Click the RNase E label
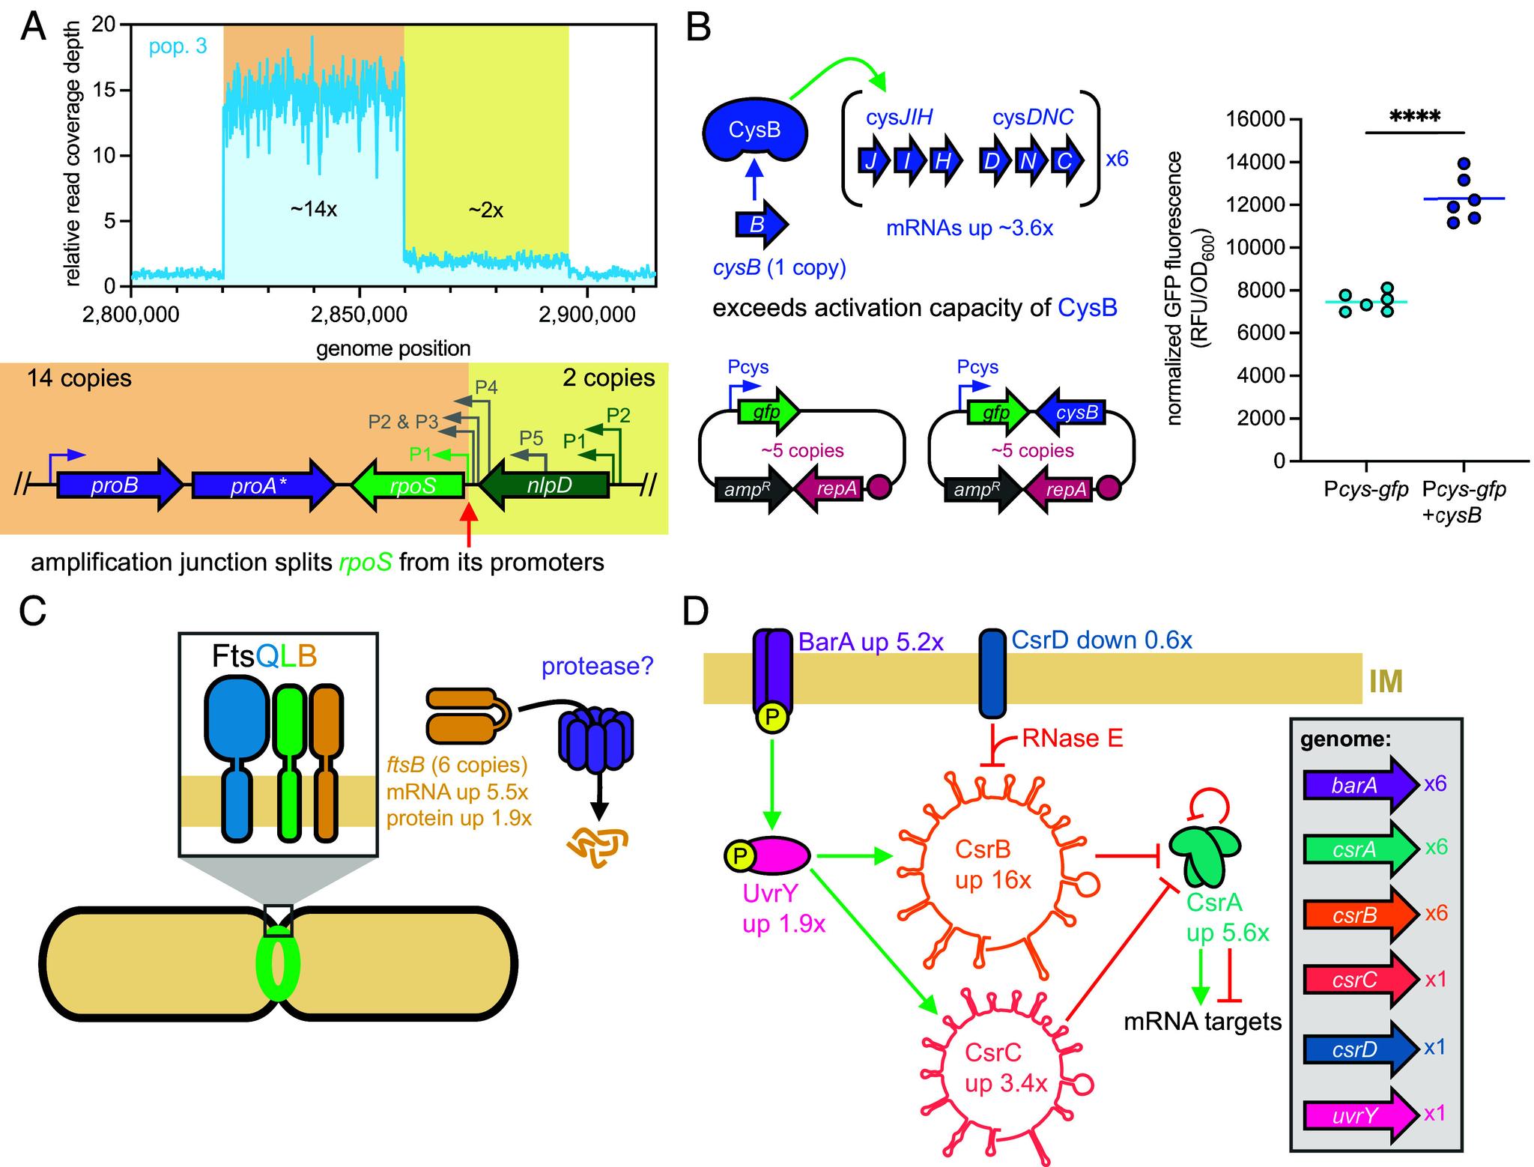1073,740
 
